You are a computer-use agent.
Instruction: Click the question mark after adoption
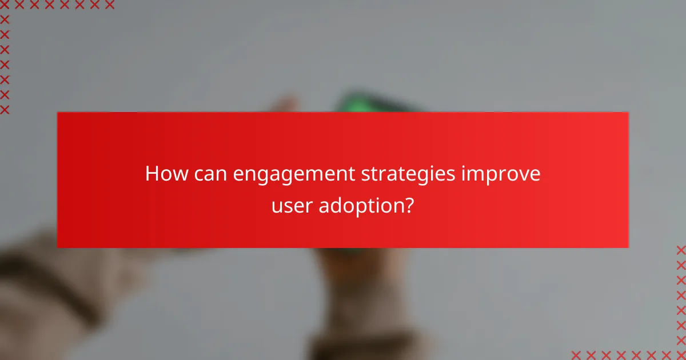[409, 205]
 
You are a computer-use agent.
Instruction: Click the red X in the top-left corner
[5, 5]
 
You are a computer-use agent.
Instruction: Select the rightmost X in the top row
[109, 5]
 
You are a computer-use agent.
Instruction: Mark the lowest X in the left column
[5, 109]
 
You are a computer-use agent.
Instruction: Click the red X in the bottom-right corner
[681, 355]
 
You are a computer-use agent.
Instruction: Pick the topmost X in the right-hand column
[681, 250]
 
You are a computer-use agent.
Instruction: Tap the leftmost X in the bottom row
[576, 355]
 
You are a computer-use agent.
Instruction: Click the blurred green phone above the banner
[366, 103]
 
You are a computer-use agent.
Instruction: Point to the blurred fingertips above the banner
[286, 105]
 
